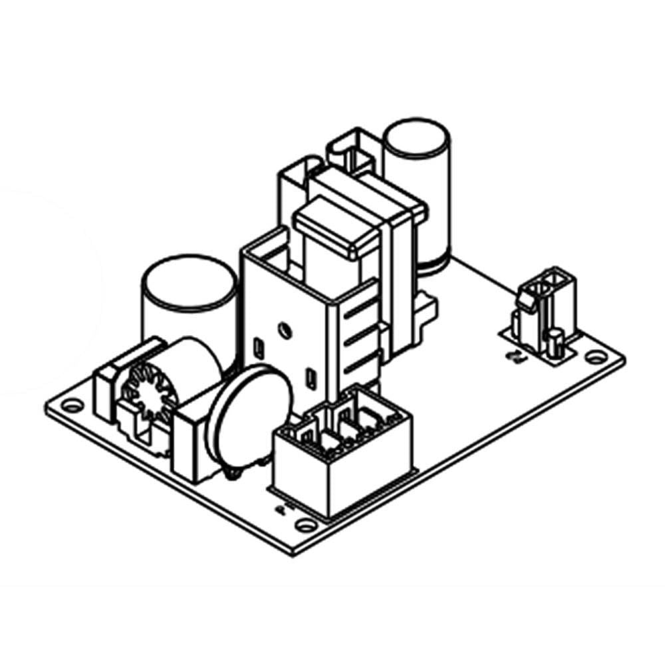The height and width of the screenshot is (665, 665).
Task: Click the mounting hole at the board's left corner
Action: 72,404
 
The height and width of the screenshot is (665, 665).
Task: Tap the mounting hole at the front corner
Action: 305,525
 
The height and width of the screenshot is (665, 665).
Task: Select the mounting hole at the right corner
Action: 595,357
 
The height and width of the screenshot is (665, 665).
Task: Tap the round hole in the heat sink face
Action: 285,329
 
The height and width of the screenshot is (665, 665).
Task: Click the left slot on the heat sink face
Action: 258,346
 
